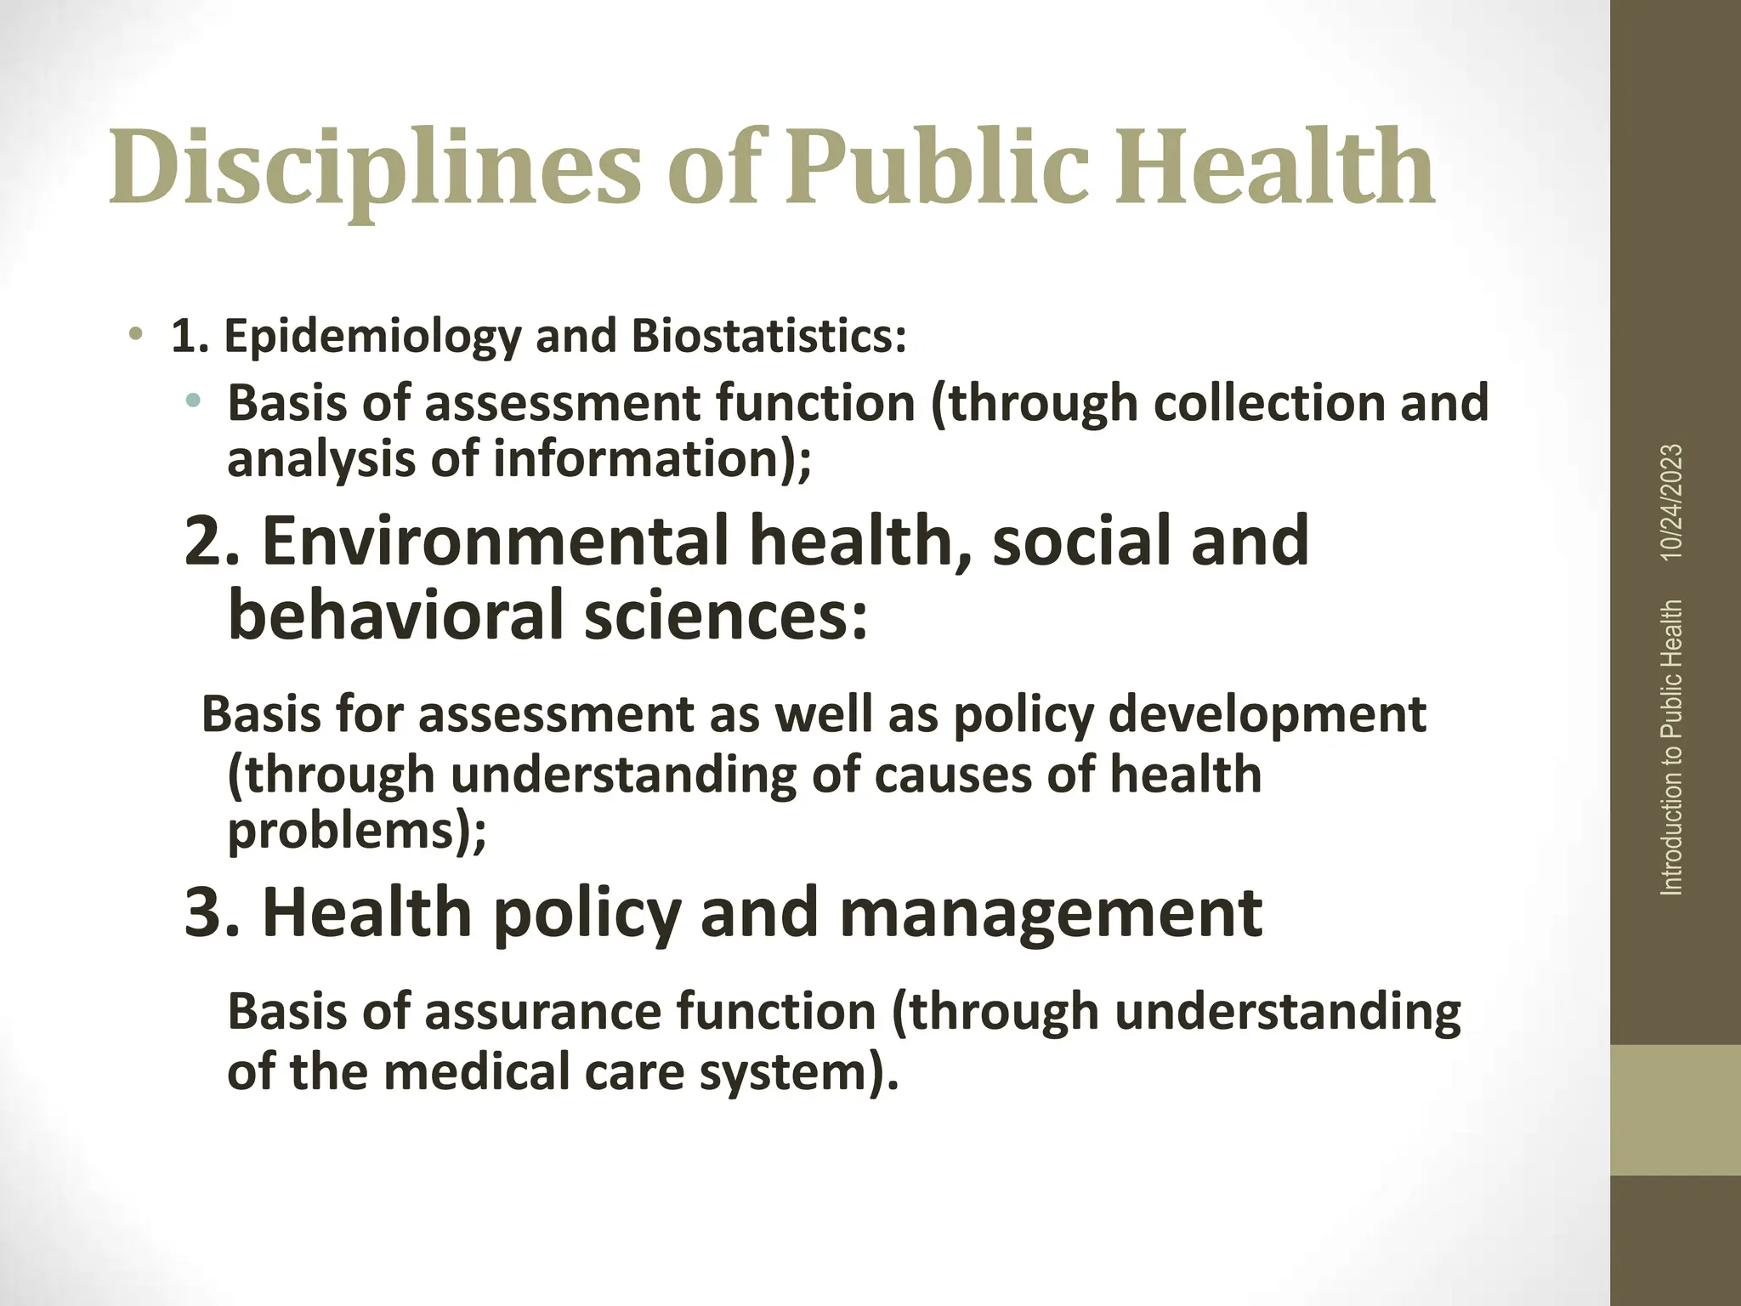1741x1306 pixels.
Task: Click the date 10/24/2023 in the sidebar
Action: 1671,502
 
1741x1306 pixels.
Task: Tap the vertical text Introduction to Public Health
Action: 1671,747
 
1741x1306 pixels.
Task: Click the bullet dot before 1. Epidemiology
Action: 135,332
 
